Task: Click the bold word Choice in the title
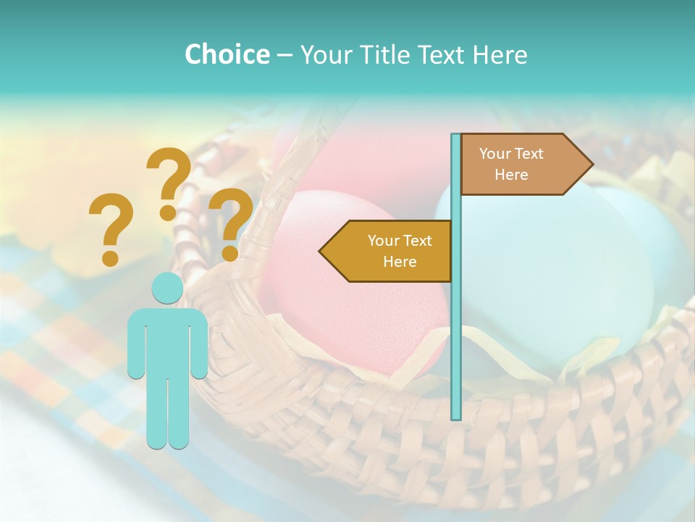[x=227, y=54]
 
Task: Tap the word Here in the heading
[x=500, y=54]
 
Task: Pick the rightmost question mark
[x=231, y=222]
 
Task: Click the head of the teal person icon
[x=167, y=289]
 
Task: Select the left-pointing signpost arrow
[x=387, y=251]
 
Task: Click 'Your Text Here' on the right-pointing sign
[x=511, y=164]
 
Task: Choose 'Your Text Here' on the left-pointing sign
[x=400, y=251]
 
